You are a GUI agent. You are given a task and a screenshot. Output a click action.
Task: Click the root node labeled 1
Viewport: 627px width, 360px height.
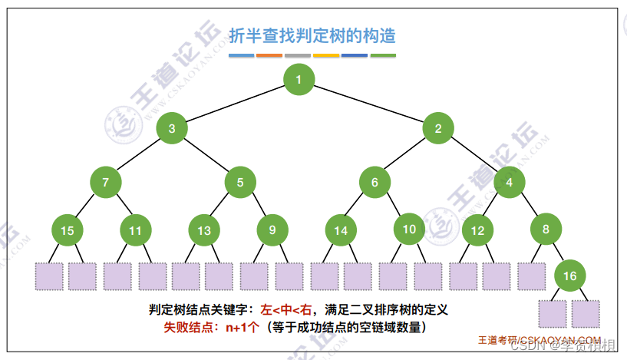(299, 78)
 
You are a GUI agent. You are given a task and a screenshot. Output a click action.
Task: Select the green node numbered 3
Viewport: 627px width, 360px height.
(172, 128)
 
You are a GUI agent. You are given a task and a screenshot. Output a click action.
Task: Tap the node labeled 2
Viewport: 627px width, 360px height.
(438, 128)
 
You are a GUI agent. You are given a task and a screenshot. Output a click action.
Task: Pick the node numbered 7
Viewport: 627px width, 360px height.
(105, 182)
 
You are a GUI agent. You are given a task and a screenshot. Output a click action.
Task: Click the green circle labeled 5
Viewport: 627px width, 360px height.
(240, 182)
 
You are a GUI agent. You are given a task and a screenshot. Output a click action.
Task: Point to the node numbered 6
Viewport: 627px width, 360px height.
(375, 182)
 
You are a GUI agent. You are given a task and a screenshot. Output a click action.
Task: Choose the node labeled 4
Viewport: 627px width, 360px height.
(510, 182)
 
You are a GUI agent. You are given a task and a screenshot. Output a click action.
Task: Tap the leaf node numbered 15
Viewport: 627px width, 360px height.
(68, 230)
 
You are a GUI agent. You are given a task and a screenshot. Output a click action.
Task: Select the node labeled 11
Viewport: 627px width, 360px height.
(136, 230)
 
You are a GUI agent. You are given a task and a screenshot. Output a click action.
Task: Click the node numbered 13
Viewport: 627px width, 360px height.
(204, 230)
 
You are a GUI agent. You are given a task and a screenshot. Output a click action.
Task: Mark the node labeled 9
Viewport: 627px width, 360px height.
(272, 230)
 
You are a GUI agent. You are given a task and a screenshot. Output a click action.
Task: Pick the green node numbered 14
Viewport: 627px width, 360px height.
(341, 230)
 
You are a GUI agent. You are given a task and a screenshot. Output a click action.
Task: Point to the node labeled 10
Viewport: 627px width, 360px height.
(409, 229)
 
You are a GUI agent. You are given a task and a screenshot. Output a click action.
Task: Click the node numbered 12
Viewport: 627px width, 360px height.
(477, 230)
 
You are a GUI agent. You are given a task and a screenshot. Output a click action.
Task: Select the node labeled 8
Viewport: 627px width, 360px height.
(546, 229)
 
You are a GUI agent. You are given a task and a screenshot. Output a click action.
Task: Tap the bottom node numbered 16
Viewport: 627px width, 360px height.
(570, 276)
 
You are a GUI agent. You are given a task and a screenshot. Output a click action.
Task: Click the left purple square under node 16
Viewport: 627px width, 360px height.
(552, 314)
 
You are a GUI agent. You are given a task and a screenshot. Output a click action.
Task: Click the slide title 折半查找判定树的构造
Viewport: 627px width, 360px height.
(312, 35)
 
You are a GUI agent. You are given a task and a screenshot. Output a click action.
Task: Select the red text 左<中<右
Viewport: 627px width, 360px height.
(288, 310)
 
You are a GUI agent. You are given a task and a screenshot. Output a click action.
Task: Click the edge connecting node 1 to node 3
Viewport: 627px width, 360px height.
(235, 104)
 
